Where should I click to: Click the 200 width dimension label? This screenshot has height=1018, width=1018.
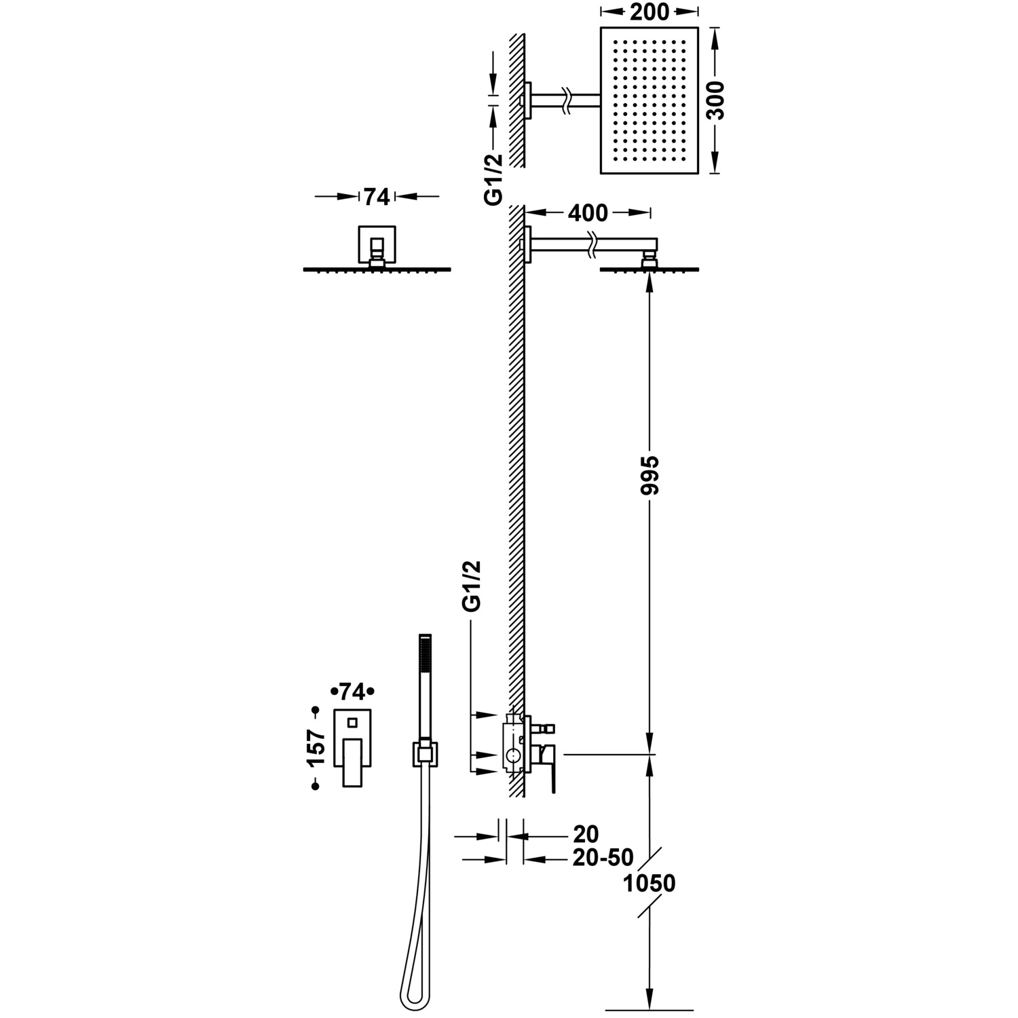click(x=649, y=12)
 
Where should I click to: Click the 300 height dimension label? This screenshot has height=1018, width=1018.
click(x=715, y=100)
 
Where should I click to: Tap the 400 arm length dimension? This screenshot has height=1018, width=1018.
click(x=588, y=213)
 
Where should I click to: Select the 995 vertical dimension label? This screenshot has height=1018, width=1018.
click(x=649, y=475)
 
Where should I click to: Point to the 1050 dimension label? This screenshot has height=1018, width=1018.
click(x=649, y=884)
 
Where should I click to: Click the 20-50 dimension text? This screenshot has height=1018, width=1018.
click(x=603, y=858)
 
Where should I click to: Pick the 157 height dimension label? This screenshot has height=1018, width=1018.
click(x=316, y=747)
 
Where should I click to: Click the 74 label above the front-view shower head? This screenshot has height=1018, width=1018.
click(x=377, y=197)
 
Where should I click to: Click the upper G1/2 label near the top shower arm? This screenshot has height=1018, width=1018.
click(x=494, y=178)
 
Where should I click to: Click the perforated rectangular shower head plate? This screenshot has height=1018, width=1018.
click(x=649, y=100)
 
